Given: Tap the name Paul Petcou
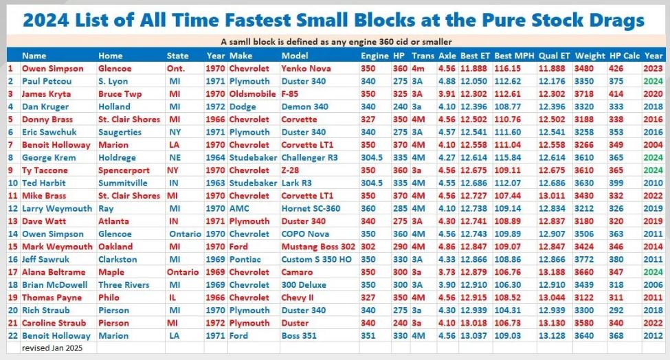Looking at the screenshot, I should point(45,81).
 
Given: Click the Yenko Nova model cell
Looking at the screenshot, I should point(306,69).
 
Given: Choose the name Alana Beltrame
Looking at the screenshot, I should point(53,272).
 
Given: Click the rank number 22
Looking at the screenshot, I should point(12,336).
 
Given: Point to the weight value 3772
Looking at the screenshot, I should point(588,260).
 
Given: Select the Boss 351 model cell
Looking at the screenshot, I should point(301,336).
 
